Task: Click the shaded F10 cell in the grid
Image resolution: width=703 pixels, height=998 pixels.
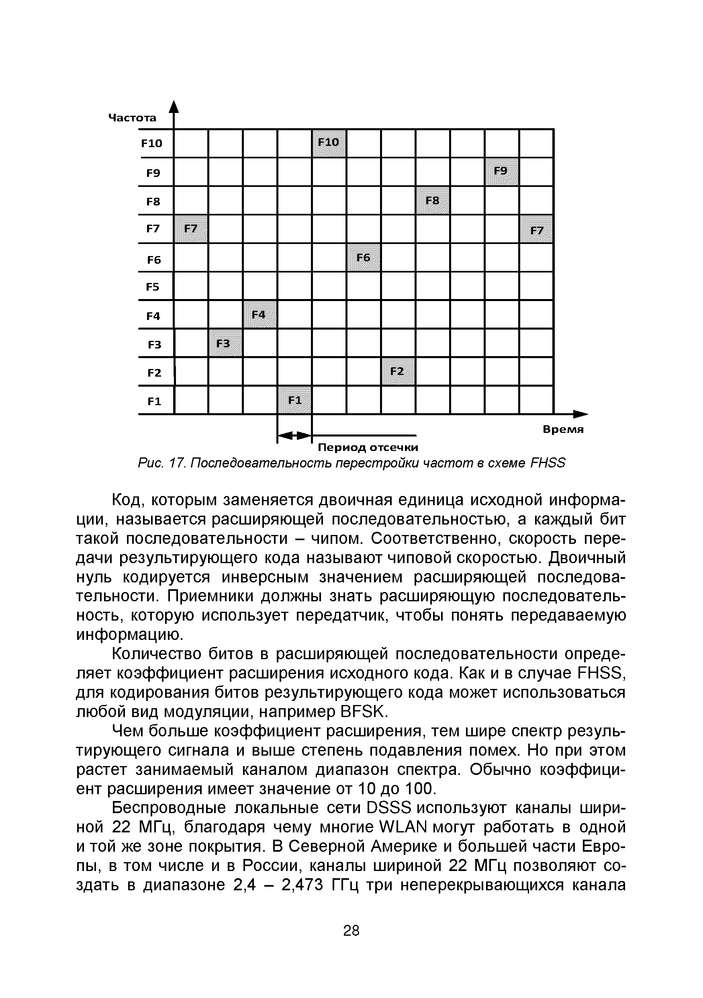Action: (329, 143)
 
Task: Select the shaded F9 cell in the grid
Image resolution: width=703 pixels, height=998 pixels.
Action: (501, 172)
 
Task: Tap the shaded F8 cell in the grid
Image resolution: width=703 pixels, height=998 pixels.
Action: (432, 201)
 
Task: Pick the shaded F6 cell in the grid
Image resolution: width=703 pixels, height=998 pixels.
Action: (364, 257)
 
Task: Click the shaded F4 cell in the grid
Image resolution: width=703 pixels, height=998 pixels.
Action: (260, 314)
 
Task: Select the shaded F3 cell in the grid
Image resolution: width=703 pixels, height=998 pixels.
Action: (225, 343)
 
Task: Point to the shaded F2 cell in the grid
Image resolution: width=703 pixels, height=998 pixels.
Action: (398, 371)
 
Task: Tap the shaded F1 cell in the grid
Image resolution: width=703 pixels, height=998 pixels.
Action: (294, 400)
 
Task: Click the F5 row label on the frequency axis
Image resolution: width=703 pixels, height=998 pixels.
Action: (153, 287)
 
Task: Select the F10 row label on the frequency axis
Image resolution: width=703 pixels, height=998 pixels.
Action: (151, 143)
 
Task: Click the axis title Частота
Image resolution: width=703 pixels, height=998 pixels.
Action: (132, 118)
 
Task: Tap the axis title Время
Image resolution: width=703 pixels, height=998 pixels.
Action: (563, 429)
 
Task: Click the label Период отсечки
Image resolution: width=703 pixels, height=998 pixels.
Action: (368, 447)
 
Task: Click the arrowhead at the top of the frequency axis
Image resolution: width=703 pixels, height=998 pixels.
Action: (174, 107)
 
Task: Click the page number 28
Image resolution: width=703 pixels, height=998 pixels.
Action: (351, 930)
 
